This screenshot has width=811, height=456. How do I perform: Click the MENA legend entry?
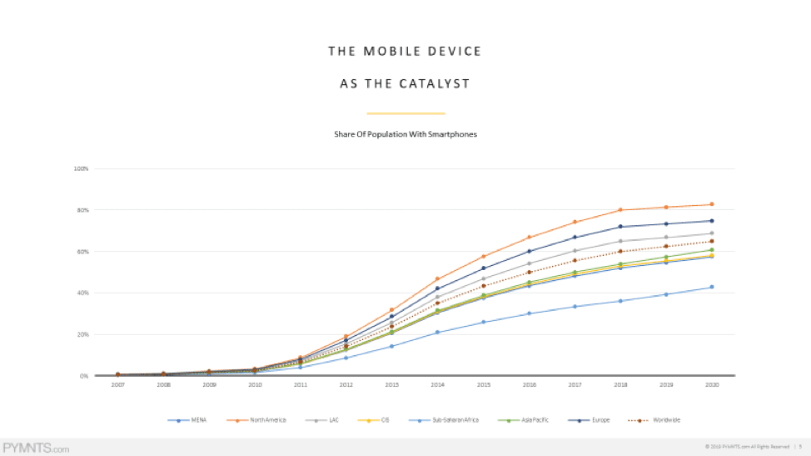[187, 420]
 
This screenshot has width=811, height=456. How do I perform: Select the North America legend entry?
[261, 420]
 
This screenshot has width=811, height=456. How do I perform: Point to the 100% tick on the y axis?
[82, 168]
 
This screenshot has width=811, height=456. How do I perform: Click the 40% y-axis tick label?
[82, 293]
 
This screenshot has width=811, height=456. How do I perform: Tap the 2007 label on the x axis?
[117, 386]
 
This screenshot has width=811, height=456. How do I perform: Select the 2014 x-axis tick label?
[436, 386]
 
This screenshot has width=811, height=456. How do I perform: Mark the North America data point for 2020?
[710, 204]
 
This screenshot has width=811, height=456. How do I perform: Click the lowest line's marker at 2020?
[710, 287]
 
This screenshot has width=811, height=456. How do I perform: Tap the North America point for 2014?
[436, 279]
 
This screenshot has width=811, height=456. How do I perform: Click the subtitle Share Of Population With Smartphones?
[405, 134]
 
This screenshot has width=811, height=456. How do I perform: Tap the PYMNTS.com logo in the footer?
[36, 448]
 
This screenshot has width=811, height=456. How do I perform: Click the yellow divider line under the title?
[405, 113]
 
